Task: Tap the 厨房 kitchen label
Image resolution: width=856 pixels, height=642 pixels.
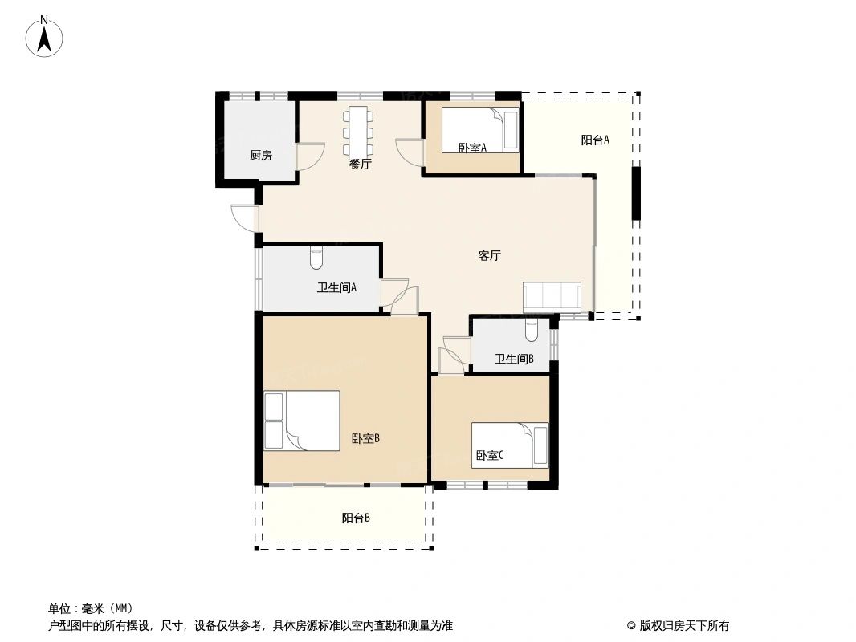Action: [260, 156]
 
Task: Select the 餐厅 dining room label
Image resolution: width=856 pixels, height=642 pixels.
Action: [360, 165]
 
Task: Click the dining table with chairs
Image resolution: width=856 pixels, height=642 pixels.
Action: [358, 131]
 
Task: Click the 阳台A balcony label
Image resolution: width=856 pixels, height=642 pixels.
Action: [595, 140]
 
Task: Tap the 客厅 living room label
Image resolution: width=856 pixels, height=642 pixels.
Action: [490, 256]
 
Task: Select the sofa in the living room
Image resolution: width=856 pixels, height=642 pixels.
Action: [552, 296]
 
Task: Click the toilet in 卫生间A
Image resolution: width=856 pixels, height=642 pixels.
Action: [316, 258]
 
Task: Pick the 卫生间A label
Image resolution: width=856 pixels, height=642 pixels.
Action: [336, 287]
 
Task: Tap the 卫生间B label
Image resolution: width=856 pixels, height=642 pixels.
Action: [514, 360]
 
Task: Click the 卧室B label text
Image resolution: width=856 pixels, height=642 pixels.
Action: [365, 439]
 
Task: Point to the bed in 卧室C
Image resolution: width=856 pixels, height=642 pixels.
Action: [510, 445]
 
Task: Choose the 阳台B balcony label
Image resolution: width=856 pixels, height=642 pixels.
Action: [356, 518]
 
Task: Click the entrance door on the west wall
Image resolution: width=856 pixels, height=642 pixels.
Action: [243, 217]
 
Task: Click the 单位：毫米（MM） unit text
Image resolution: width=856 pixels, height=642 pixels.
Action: [91, 608]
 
